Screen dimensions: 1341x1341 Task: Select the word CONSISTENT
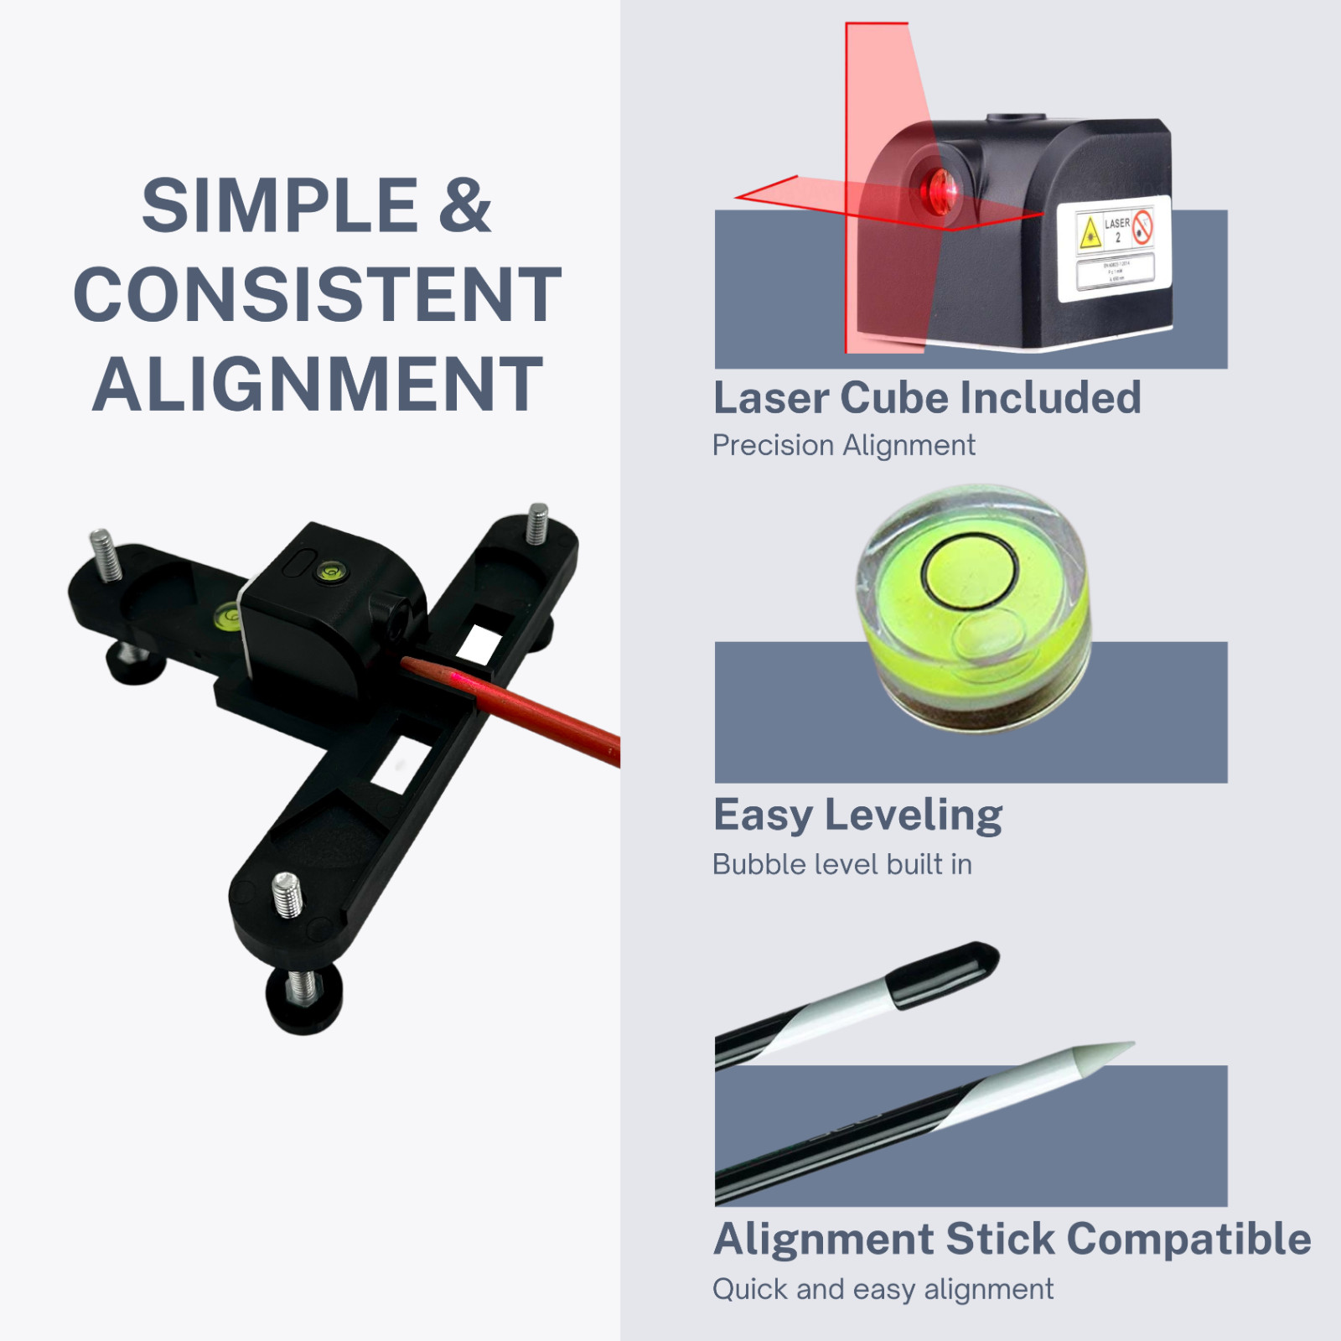[317, 295]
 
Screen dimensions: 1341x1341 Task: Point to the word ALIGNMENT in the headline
[317, 384]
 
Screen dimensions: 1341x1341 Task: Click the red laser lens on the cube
[940, 189]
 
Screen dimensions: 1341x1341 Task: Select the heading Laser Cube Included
[926, 397]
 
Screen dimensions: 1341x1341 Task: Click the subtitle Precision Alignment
[843, 445]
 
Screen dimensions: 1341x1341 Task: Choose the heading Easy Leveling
[857, 815]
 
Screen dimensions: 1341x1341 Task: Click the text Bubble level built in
[841, 864]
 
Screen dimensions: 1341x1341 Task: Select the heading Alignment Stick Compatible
[1012, 1239]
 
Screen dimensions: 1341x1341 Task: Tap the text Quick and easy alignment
[883, 1289]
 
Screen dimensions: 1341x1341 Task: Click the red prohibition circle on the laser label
[1142, 227]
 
